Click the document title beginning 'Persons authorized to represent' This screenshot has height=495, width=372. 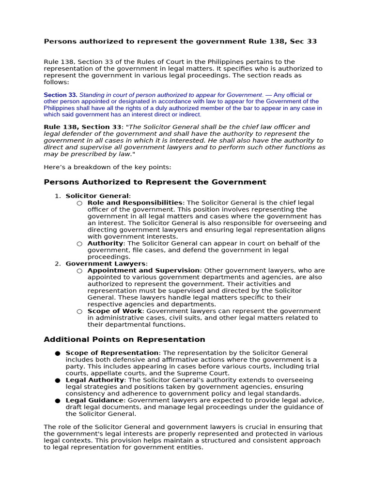[180, 42]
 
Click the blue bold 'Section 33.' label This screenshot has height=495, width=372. [61, 95]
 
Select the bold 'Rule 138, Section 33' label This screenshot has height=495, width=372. [82, 127]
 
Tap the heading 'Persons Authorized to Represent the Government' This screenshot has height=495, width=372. [155, 182]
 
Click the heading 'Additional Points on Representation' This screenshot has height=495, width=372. [124, 339]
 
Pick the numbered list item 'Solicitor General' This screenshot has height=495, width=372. [97, 196]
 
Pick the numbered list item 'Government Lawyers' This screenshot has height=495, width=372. [106, 263]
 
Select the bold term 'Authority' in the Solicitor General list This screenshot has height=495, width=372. [106, 243]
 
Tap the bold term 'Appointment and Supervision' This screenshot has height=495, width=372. [143, 270]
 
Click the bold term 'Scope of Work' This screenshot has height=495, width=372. [115, 311]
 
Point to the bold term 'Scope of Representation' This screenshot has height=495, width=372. [112, 353]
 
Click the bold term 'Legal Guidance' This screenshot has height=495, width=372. [94, 400]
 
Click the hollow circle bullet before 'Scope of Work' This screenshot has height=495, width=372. [79, 311]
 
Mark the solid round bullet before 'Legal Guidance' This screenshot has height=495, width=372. [58, 401]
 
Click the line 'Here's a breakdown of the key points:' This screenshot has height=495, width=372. [107, 167]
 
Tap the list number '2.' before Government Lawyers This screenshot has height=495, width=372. [58, 263]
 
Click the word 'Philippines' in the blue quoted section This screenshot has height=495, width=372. [60, 108]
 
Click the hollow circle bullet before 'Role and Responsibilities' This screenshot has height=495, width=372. [79, 203]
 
